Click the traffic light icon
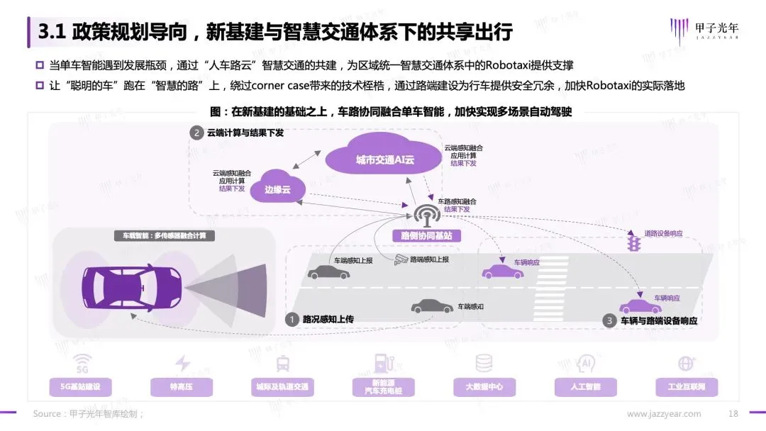click(x=633, y=244)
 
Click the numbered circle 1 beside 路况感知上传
click(x=291, y=320)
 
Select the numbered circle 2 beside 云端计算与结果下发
click(x=196, y=133)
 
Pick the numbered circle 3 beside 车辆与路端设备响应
click(x=608, y=320)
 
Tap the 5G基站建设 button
click(x=81, y=386)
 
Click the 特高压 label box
click(x=182, y=386)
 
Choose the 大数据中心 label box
click(x=484, y=386)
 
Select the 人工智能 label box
click(x=585, y=386)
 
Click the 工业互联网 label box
click(x=686, y=386)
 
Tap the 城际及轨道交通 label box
click(x=283, y=386)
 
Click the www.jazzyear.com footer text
click(x=664, y=414)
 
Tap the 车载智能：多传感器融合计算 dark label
click(x=165, y=235)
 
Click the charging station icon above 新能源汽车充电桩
click(x=383, y=364)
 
